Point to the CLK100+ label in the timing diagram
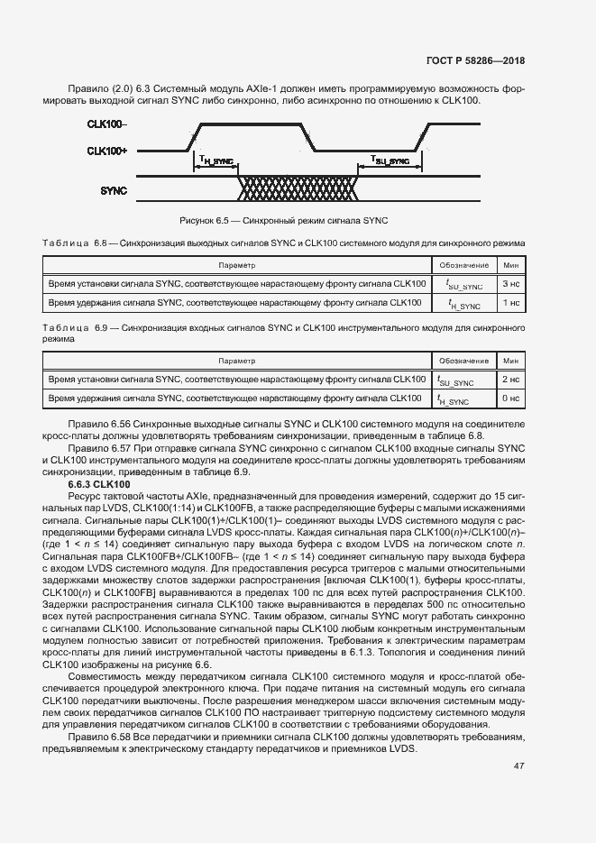pos(107,150)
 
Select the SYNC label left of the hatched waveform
pos(114,190)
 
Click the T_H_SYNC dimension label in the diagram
pos(216,160)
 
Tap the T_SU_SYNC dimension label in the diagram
pos(390,160)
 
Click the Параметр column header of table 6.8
pos(237,265)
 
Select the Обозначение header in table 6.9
pos(463,361)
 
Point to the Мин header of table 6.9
pos(510,361)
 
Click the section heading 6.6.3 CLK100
pos(99,484)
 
